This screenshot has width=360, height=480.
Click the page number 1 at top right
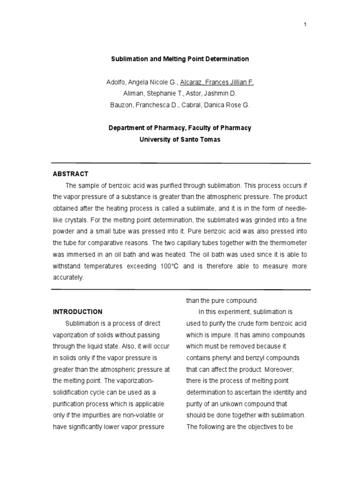coord(305,25)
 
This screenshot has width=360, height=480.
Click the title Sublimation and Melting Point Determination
coord(180,59)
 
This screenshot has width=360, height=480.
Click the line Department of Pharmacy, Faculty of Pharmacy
coord(180,127)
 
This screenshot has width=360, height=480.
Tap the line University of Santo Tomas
coord(180,139)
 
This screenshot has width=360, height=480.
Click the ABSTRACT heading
coord(70,174)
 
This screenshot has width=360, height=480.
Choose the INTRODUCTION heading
coord(77,311)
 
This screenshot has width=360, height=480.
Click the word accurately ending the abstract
coord(68,277)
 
